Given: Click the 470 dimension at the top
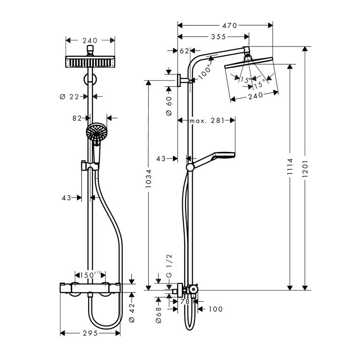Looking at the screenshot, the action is pyautogui.click(x=230, y=25).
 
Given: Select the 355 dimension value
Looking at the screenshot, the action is pyautogui.click(x=218, y=37).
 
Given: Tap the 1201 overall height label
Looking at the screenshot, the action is pyautogui.click(x=305, y=169).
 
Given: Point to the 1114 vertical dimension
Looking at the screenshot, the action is pyautogui.click(x=290, y=166).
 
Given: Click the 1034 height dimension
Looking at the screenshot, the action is pyautogui.click(x=149, y=179).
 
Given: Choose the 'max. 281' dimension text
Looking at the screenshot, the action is pyautogui.click(x=206, y=120).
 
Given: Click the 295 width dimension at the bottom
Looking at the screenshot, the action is pyautogui.click(x=90, y=333).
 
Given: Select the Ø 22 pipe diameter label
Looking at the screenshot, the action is pyautogui.click(x=69, y=97).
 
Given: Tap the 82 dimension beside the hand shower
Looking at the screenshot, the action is pyautogui.click(x=77, y=118).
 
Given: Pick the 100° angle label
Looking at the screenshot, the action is pyautogui.click(x=204, y=72).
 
